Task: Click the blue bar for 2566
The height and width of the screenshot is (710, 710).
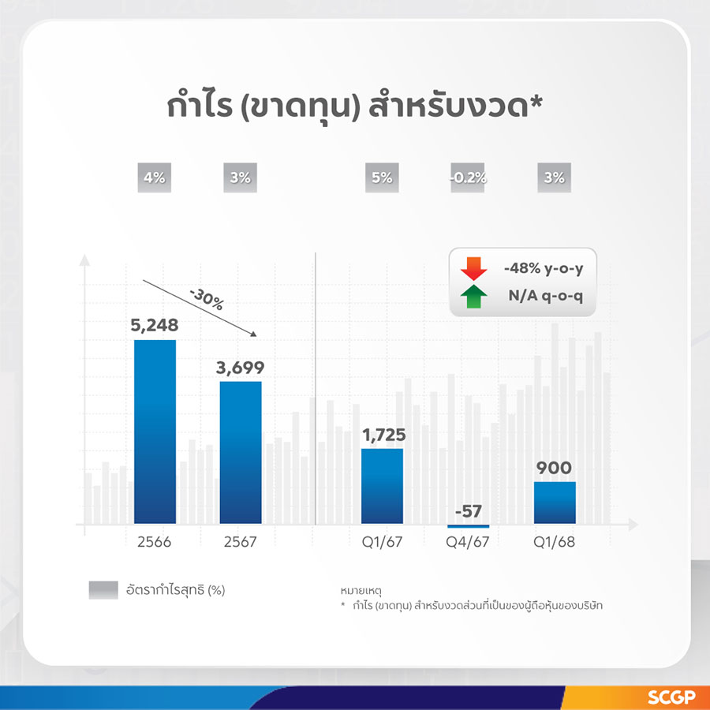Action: point(155,432)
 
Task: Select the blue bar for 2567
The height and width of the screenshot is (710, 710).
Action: point(241,452)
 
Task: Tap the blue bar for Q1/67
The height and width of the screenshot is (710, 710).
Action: point(382,486)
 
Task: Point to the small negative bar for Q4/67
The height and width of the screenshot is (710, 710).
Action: point(468,526)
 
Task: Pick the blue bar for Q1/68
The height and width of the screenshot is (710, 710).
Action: point(555,503)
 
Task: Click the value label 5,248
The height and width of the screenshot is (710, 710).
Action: point(155,325)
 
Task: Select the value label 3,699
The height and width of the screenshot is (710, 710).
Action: point(240,367)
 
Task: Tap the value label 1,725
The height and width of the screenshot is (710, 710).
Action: point(384,435)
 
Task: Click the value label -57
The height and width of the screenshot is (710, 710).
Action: point(468,511)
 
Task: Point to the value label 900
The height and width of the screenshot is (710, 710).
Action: point(555,468)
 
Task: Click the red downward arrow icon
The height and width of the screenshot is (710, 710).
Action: point(473,268)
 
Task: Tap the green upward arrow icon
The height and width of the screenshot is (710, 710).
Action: point(473,296)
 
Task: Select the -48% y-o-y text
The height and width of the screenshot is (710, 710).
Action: point(544,268)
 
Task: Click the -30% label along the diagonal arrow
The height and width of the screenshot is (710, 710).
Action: point(207,299)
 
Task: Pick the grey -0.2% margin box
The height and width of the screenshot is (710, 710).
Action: point(468,177)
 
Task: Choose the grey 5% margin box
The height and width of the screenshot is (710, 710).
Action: point(382,177)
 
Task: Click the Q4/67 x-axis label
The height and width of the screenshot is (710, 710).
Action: point(468,542)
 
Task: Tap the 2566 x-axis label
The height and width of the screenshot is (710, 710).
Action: point(155,542)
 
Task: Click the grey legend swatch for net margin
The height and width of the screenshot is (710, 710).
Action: point(103,590)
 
